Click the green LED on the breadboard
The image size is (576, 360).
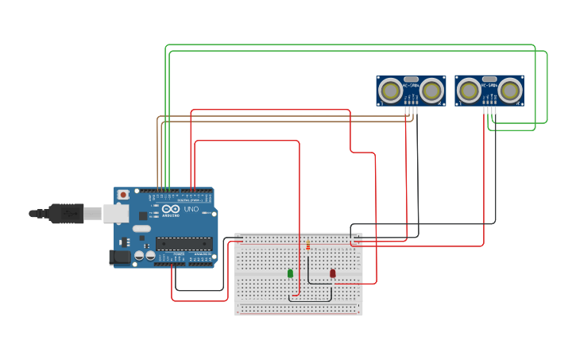tap(290, 273)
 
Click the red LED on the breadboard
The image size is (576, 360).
tap(332, 273)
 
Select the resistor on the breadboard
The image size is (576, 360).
tap(308, 245)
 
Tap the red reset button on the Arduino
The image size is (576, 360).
tap(123, 195)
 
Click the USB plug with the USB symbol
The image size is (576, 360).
tap(65, 213)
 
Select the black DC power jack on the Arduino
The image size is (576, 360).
tap(119, 257)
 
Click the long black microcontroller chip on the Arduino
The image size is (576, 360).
tap(184, 243)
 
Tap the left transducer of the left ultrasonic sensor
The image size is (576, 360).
tap(390, 91)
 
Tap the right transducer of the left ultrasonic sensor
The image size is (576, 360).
tap(431, 91)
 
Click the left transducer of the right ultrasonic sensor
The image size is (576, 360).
tap(469, 91)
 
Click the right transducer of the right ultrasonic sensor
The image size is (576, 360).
tap(510, 91)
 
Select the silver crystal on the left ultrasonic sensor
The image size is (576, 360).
tap(411, 79)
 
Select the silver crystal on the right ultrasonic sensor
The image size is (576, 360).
tap(489, 79)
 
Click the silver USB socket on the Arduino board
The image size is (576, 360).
tap(116, 213)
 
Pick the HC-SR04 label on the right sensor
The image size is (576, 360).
tap(489, 86)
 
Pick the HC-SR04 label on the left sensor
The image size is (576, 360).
tap(411, 86)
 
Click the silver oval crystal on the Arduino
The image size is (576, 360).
tap(141, 229)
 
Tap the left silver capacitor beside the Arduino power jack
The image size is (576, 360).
tap(139, 256)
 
